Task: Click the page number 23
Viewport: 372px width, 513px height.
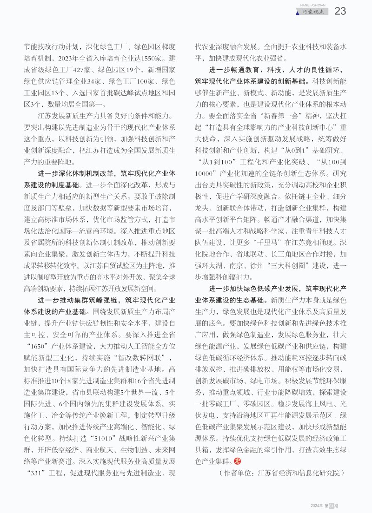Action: (x=340, y=11)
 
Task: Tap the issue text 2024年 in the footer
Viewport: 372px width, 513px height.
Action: (x=317, y=506)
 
